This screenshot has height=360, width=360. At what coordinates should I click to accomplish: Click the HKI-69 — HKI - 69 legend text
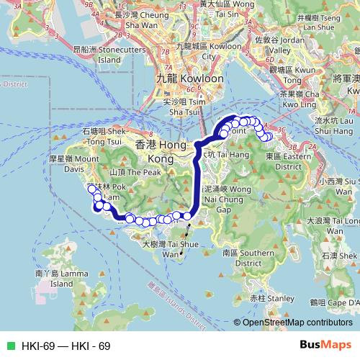tap(66, 346)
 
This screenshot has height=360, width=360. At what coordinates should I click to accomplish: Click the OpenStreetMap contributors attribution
tap(297, 323)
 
